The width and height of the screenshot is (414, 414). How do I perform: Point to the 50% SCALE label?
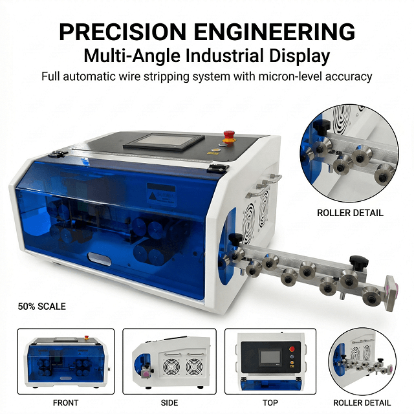pyautogui.click(x=42, y=306)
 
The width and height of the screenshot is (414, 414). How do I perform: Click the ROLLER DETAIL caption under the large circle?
pyautogui.click(x=350, y=213)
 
